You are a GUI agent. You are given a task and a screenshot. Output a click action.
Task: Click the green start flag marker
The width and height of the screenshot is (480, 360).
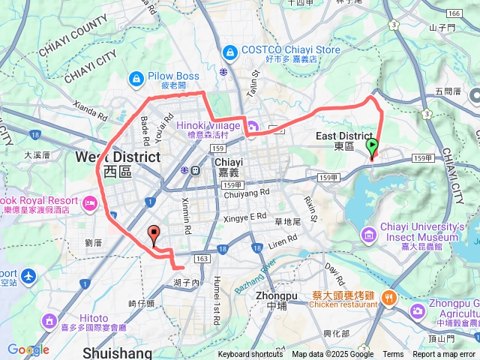click(x=372, y=148)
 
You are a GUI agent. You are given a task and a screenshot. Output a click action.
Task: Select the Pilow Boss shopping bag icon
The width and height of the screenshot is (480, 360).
click(x=136, y=76)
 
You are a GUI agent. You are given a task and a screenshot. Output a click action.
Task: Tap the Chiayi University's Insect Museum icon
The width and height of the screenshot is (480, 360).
click(x=368, y=235)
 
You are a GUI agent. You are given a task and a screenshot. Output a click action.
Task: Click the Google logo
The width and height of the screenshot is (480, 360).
click(x=27, y=349)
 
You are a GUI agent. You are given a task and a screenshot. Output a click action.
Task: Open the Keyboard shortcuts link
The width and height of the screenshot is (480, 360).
click(x=250, y=355)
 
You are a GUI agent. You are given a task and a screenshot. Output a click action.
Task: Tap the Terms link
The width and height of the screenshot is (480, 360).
click(x=393, y=355)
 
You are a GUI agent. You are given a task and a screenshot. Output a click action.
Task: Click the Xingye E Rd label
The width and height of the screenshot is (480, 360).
click(x=245, y=216)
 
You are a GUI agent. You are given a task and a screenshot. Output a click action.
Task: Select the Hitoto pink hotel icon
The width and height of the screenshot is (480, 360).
click(x=50, y=321)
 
